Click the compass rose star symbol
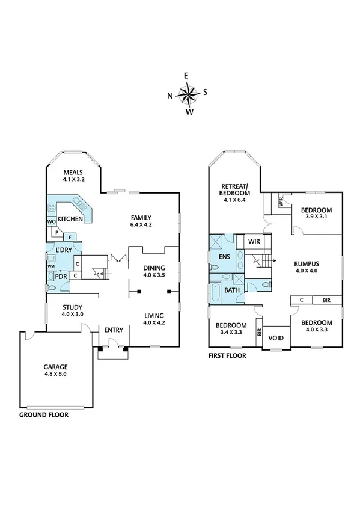point(188,94)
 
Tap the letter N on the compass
point(171,95)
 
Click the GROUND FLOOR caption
point(43,415)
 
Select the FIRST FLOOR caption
point(227,355)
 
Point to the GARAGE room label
point(55,367)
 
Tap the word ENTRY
point(114,330)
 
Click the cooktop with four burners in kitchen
point(52,209)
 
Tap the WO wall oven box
point(52,221)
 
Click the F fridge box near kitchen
point(69,237)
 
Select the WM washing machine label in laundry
point(52,266)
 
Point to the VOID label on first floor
point(276,337)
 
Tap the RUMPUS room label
point(306,263)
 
